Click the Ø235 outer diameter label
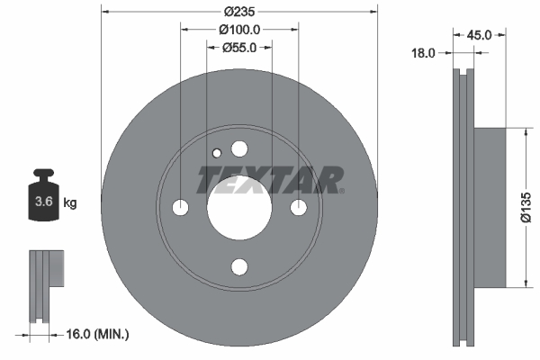click(x=239, y=12)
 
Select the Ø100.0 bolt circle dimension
click(x=239, y=29)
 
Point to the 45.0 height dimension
click(x=478, y=35)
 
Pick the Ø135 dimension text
click(x=531, y=208)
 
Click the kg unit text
click(x=69, y=203)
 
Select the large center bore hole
click(x=239, y=208)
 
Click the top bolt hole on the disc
click(x=239, y=148)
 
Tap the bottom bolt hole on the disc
click(x=239, y=267)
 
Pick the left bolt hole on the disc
click(x=180, y=208)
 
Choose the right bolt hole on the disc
click(x=299, y=208)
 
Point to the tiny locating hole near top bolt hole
click(x=215, y=153)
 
